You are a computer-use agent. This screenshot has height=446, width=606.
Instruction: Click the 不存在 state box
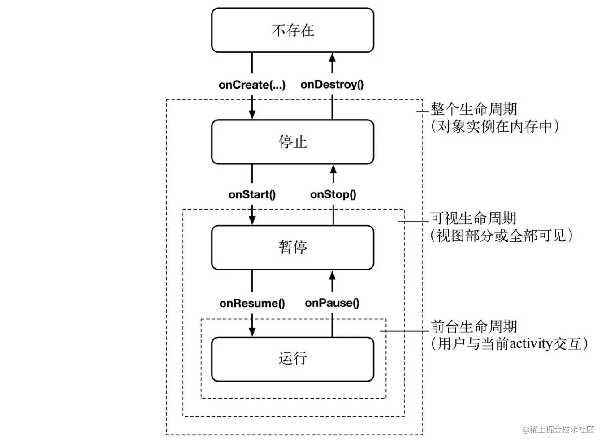pyautogui.click(x=292, y=30)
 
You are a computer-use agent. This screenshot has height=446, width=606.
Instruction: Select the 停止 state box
pyautogui.click(x=292, y=142)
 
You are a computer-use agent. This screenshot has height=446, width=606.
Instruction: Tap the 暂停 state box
pyautogui.click(x=292, y=247)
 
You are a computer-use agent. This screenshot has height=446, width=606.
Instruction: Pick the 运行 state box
pyautogui.click(x=292, y=359)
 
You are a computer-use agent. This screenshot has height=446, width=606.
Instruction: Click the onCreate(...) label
pyautogui.click(x=252, y=85)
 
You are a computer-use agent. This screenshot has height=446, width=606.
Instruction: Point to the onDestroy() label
pyautogui.click(x=332, y=85)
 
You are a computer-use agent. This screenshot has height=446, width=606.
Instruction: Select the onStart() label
pyautogui.click(x=252, y=194)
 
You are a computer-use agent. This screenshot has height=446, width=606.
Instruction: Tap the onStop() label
pyautogui.click(x=333, y=194)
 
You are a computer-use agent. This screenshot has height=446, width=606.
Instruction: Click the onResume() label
pyautogui.click(x=252, y=303)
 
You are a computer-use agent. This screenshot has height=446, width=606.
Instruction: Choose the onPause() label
pyautogui.click(x=332, y=303)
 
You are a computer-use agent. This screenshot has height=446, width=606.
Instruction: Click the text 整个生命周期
pyautogui.click(x=474, y=109)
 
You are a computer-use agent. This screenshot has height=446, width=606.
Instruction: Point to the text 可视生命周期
pyautogui.click(x=473, y=218)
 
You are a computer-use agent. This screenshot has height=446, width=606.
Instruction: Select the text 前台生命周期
pyautogui.click(x=474, y=326)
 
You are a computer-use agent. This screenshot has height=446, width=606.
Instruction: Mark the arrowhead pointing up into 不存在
pyautogui.click(x=332, y=57)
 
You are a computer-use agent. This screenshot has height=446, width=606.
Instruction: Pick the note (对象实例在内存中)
pyautogui.click(x=495, y=126)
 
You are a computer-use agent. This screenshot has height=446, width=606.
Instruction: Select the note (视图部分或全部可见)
pyautogui.click(x=502, y=236)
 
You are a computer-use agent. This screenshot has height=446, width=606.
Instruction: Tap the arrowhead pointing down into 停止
pyautogui.click(x=252, y=114)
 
